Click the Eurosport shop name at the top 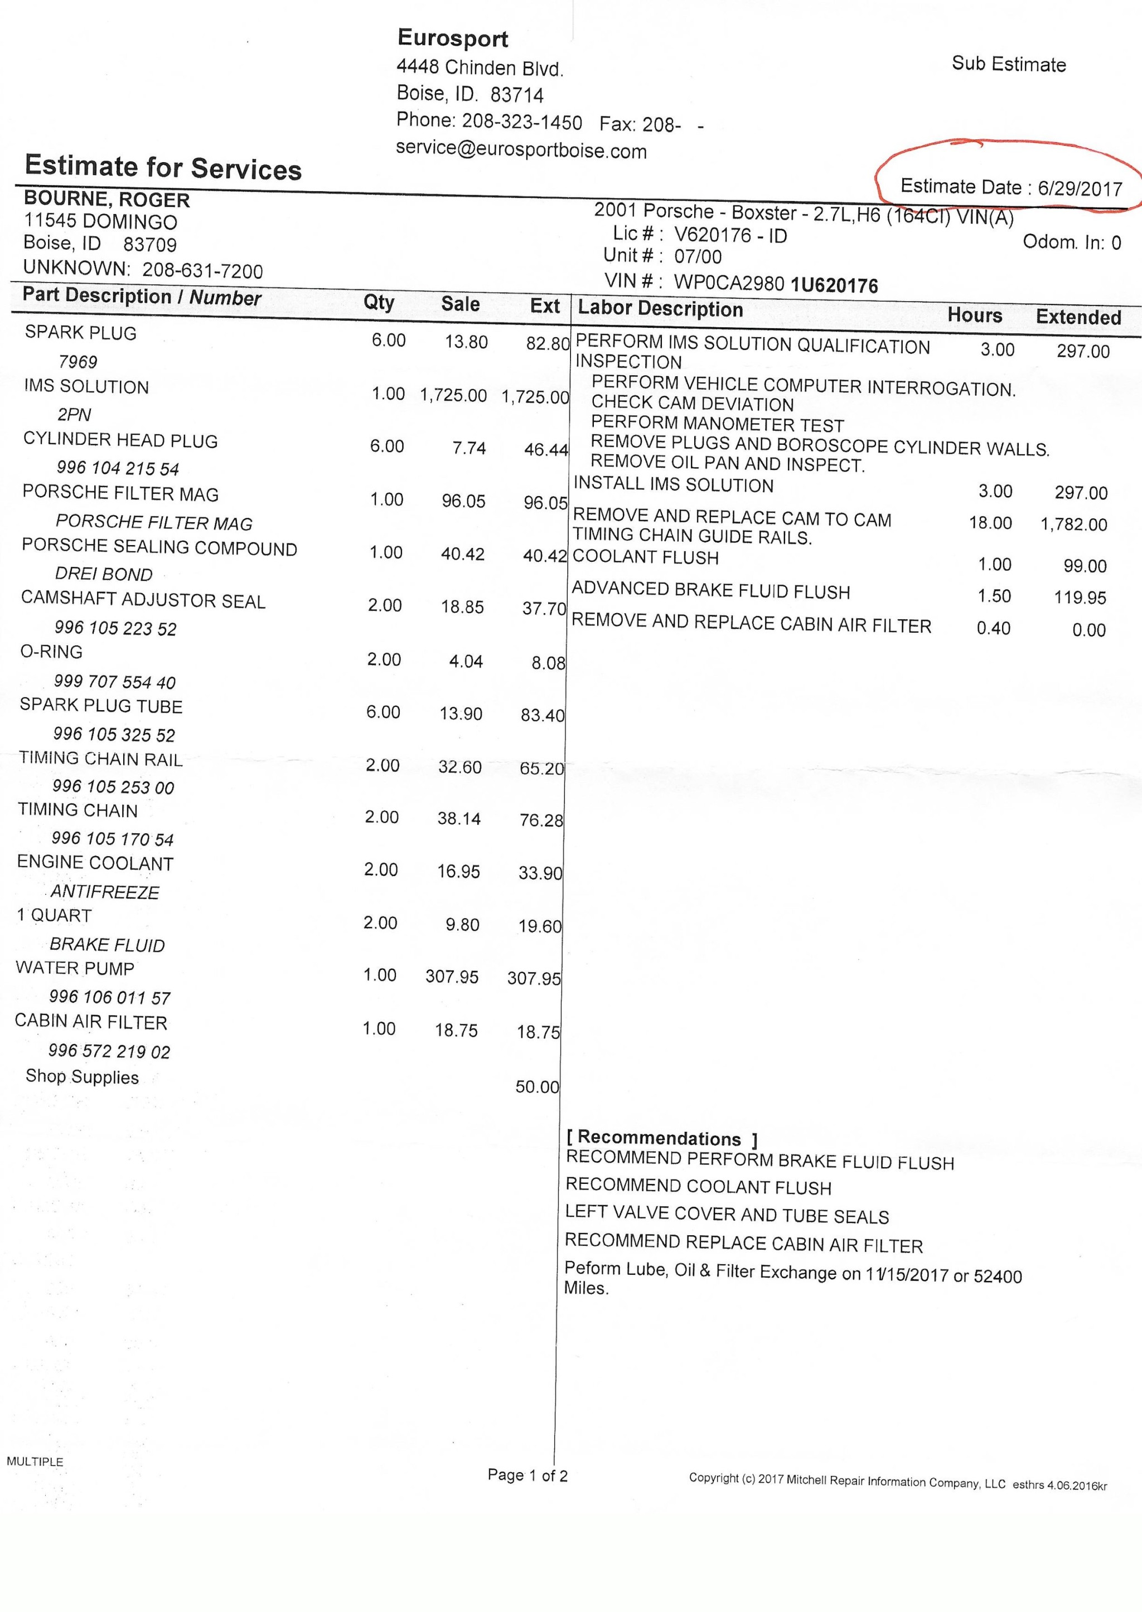coord(452,38)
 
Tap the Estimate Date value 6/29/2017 coord(1080,188)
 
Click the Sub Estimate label coord(1008,64)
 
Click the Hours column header coord(975,315)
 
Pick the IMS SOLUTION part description coord(86,387)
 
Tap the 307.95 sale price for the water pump coord(452,977)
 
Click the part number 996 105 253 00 coord(113,786)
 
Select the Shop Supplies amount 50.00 coord(537,1087)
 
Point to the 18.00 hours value coord(990,523)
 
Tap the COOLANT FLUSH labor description coord(646,557)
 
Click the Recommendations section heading coord(661,1138)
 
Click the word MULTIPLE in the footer coord(35,1462)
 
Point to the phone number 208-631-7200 coord(202,271)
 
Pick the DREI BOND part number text coord(104,574)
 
